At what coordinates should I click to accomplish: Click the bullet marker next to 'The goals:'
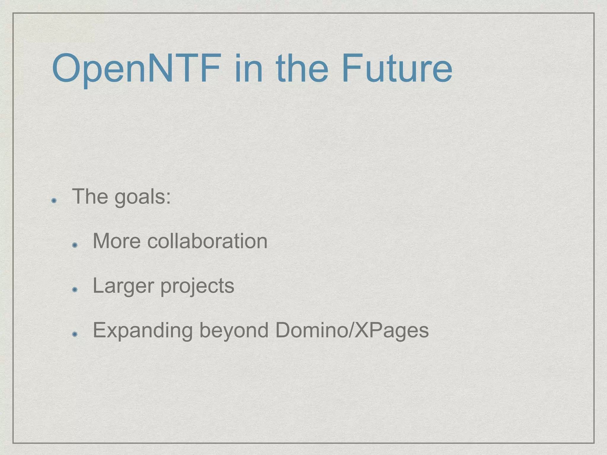(x=54, y=201)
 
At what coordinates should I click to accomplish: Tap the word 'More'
(x=117, y=241)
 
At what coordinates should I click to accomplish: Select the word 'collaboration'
(x=207, y=241)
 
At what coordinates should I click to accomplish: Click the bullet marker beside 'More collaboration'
(x=75, y=245)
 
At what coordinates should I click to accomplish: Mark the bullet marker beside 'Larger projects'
(x=75, y=290)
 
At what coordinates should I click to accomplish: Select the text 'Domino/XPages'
(x=352, y=331)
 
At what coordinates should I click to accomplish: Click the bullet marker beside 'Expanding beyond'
(x=75, y=334)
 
